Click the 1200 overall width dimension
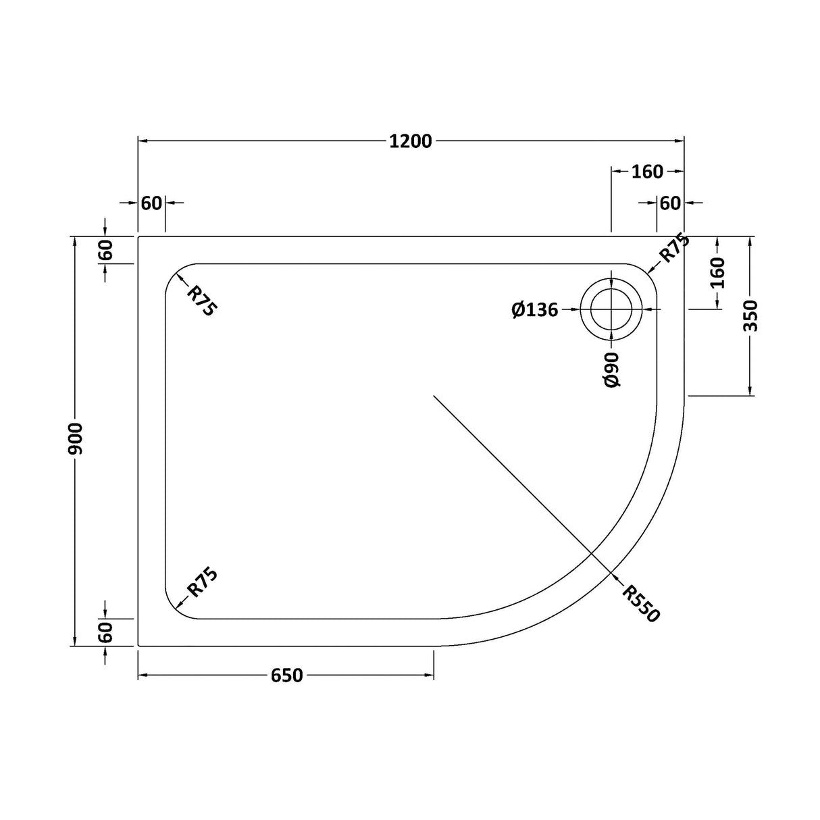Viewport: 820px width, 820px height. click(410, 141)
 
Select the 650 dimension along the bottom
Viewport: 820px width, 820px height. click(287, 675)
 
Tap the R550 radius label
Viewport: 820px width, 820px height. click(640, 603)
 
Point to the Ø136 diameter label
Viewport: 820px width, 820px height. click(535, 309)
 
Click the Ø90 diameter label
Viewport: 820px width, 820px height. click(612, 369)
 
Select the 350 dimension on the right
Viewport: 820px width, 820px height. click(750, 315)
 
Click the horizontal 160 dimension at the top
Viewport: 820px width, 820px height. click(647, 172)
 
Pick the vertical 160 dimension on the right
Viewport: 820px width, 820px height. click(717, 273)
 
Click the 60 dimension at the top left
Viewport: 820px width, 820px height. click(152, 203)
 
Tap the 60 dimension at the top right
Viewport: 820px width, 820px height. click(670, 203)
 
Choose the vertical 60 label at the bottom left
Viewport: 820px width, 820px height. click(105, 633)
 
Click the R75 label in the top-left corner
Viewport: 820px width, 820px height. click(201, 301)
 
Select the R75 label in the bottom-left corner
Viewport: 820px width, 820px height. click(201, 582)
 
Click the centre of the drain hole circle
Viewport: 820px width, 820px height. click(612, 309)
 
